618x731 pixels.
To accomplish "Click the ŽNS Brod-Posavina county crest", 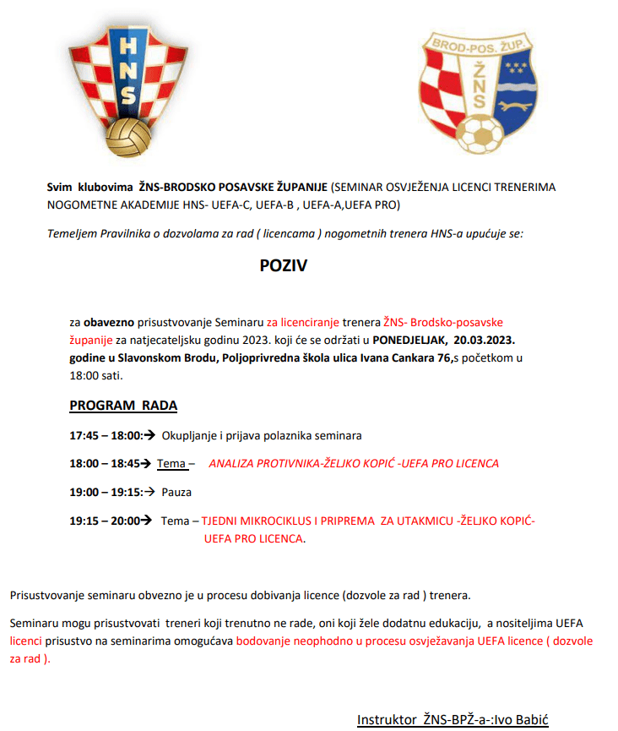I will point(478,93).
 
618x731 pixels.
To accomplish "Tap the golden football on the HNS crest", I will point(130,138).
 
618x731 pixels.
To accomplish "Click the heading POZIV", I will point(283,266).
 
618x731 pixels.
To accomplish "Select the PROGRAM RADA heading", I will point(123,406).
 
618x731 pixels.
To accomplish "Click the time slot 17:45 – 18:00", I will point(103,436).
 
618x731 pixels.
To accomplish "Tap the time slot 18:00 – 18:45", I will point(103,464).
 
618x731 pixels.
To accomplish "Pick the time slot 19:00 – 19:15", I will point(103,492).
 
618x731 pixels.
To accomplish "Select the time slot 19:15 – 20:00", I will point(104,521).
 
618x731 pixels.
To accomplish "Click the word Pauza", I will point(177,492).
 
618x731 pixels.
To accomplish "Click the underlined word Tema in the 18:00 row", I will point(171,464).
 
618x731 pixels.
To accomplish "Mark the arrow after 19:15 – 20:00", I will point(147,521).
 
